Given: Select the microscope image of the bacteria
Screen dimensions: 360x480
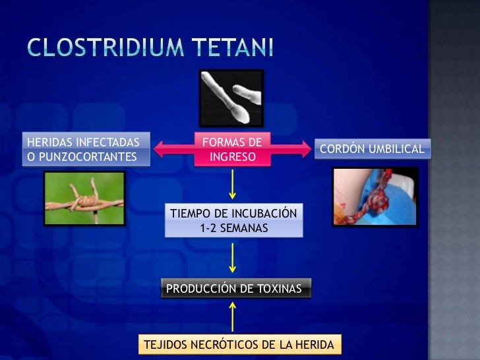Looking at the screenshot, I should point(231,99).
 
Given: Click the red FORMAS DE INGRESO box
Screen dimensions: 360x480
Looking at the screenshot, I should point(231,150).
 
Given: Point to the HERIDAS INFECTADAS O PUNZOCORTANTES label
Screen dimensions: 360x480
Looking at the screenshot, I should point(82,150).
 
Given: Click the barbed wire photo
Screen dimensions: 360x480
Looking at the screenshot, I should point(84,198).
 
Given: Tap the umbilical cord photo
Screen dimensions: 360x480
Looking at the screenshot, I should point(375,196).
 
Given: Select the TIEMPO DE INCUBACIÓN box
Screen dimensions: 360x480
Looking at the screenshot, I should point(234,220).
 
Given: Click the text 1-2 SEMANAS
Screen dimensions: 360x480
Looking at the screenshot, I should point(233,227).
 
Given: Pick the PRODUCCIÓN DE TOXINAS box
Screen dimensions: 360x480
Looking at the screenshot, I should point(234,289).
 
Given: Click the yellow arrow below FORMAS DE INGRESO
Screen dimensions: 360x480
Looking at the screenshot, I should point(232,184).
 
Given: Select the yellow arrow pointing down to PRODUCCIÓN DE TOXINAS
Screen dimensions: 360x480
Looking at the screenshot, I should point(232,258).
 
